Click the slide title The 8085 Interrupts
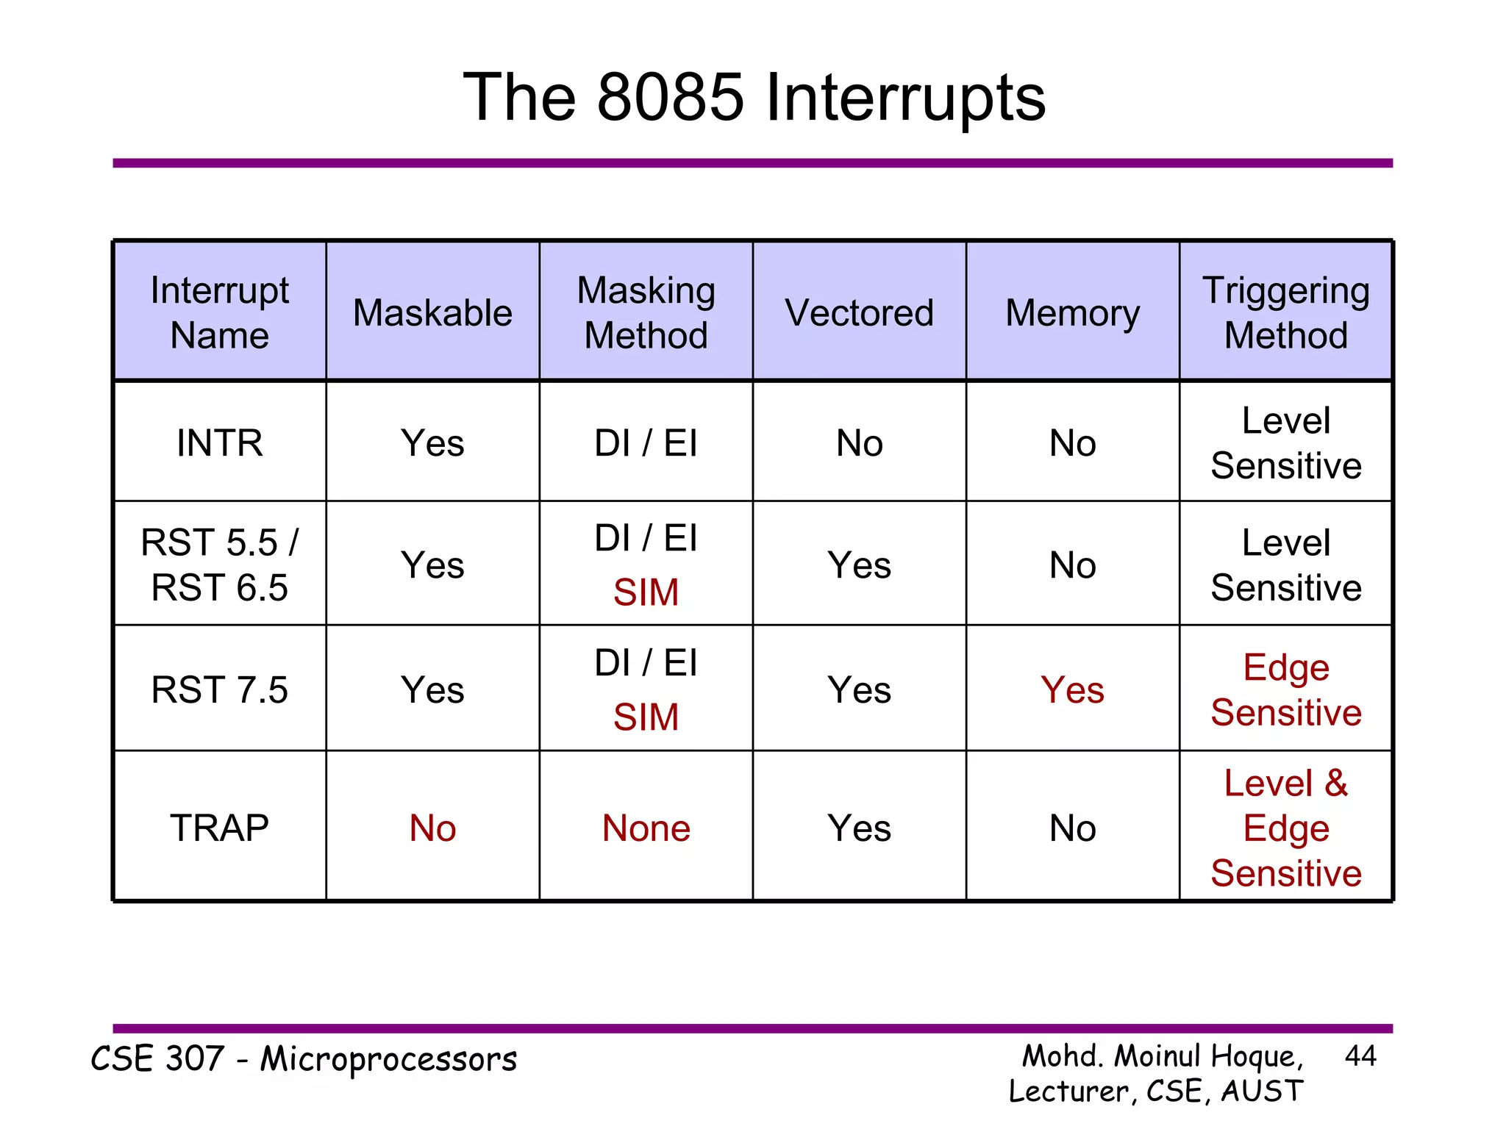coord(754,98)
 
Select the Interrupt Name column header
coord(219,312)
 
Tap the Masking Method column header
coord(646,312)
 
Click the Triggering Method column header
coord(1285,312)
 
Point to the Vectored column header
coord(859,313)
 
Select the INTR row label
coord(219,443)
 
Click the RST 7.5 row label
coord(219,689)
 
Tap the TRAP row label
coord(219,828)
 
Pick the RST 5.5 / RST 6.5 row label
coord(219,564)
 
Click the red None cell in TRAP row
coord(646,828)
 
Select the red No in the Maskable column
coord(432,828)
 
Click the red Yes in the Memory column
coord(1072,689)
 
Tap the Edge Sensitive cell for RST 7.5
coord(1285,689)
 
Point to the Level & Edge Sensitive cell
coord(1285,828)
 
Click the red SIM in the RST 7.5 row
coord(646,717)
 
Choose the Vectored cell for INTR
coord(859,443)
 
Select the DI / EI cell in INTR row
coord(646,443)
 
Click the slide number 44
coord(1360,1056)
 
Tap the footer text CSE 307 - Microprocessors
coord(304,1059)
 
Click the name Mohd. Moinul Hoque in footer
coord(1162,1056)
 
